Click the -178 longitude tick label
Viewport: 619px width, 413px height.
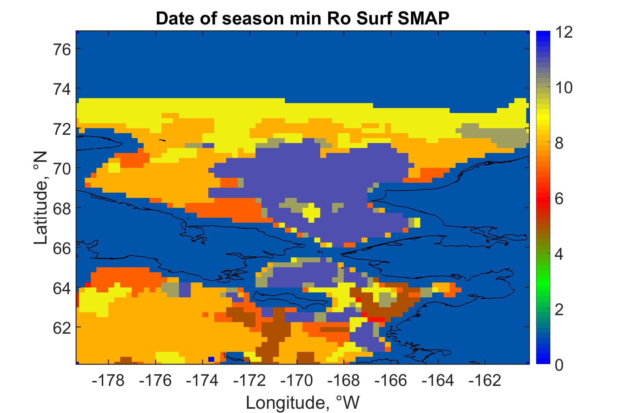109,381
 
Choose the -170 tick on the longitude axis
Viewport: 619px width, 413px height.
297,381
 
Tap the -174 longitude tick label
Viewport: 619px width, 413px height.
203,381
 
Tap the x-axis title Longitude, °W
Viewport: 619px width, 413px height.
303,402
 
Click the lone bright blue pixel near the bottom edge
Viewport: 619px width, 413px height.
212,359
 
